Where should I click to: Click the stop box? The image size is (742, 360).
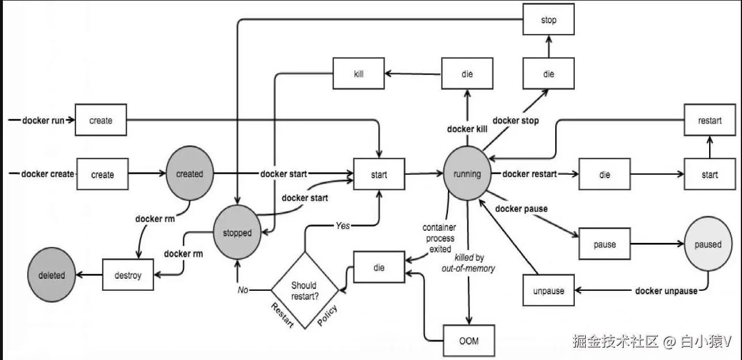(x=548, y=20)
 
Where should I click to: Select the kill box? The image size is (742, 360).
(x=359, y=74)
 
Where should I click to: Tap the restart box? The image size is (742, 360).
(x=709, y=121)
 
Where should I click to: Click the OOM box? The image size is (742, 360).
(x=469, y=340)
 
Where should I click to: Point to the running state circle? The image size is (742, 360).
(x=467, y=174)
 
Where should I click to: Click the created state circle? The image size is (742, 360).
(x=189, y=174)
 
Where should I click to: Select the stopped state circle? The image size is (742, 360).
(x=237, y=232)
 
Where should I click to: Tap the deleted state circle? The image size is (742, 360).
(x=52, y=275)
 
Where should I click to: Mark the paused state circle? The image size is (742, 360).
(x=707, y=244)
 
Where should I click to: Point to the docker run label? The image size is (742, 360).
(x=43, y=121)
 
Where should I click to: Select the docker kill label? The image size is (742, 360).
(x=467, y=129)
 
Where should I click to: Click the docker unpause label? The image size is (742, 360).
(x=666, y=291)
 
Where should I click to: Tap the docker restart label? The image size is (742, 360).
(x=530, y=174)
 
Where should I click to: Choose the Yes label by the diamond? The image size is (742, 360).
(x=342, y=226)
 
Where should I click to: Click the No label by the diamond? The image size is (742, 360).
(x=243, y=290)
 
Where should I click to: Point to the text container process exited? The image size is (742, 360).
(x=438, y=238)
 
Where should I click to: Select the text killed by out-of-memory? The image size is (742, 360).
(x=474, y=263)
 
